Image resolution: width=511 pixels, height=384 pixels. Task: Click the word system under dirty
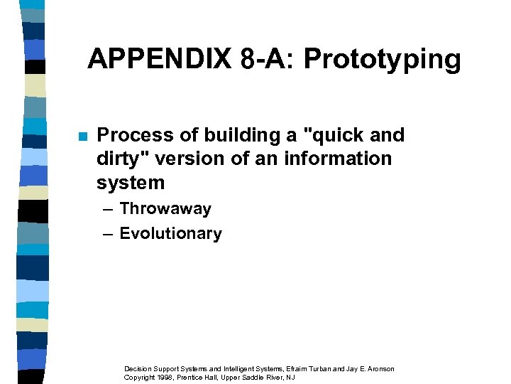(x=131, y=183)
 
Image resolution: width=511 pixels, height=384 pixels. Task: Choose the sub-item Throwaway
(x=165, y=209)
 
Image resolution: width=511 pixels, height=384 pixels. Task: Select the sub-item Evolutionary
(x=170, y=234)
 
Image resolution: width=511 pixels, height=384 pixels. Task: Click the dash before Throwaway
(x=106, y=209)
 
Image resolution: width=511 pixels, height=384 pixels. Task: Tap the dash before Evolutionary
(x=106, y=234)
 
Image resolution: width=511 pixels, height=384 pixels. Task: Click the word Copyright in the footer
(x=140, y=377)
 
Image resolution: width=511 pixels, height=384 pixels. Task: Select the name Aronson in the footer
(x=380, y=368)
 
